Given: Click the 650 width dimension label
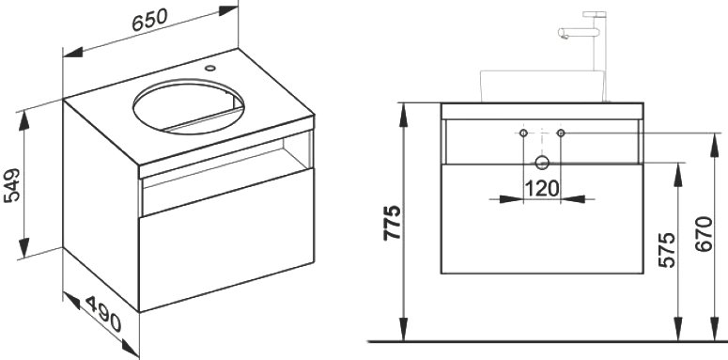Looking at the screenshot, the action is [149, 20].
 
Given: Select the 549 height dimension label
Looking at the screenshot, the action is [12, 185].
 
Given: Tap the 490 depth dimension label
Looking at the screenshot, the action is [103, 315].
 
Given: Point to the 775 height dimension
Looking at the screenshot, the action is [393, 223].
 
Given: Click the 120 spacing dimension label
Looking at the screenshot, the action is [542, 189].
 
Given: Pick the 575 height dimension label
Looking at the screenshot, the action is [667, 250].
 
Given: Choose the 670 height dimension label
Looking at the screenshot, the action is [704, 234].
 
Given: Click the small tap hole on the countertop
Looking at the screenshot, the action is [210, 69].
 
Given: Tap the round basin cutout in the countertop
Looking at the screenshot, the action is [188, 106].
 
